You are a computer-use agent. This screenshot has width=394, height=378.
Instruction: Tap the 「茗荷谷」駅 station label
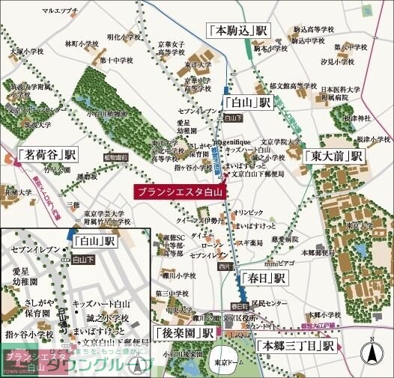[48, 156]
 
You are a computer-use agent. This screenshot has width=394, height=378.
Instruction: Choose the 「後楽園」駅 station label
[184, 332]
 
